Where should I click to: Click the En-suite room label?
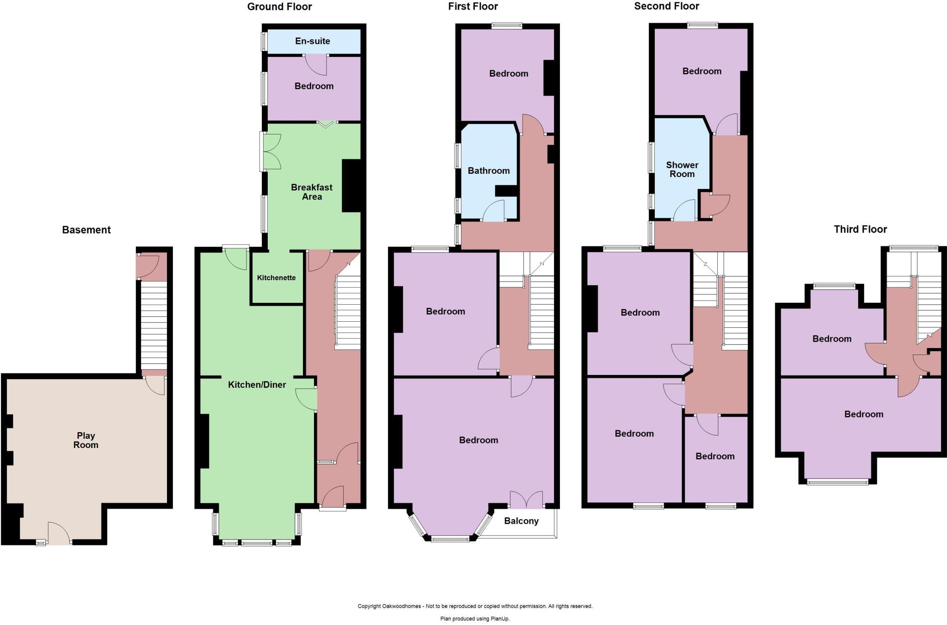[x=313, y=41]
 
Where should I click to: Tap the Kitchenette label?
[x=276, y=278]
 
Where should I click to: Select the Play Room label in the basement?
[x=86, y=440]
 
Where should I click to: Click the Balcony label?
[x=521, y=521]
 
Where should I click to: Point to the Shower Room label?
[x=682, y=170]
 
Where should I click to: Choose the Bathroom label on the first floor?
[x=488, y=171]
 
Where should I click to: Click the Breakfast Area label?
[x=312, y=192]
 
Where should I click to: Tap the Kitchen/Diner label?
[x=257, y=385]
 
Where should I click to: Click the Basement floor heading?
[x=86, y=230]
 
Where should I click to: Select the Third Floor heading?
[x=860, y=229]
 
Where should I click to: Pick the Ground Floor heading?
[x=279, y=6]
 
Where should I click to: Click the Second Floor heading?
[x=666, y=6]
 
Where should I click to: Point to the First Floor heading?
[x=473, y=6]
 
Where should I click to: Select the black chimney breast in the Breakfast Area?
[x=351, y=185]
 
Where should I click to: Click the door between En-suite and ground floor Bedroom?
[x=316, y=64]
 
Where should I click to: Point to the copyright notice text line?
[x=475, y=606]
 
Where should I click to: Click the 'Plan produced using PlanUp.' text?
[x=475, y=619]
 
